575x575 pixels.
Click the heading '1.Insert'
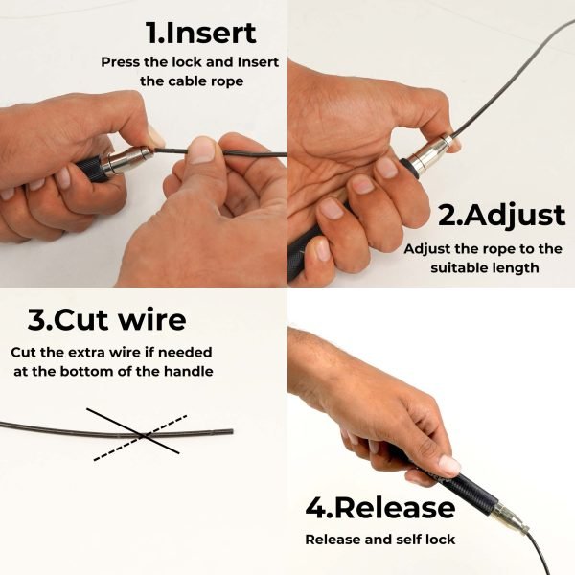pos(201,33)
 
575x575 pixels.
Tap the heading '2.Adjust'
pos(501,216)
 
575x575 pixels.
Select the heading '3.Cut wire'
pos(106,320)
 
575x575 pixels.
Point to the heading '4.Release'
pos(380,508)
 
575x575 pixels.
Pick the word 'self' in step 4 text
pos(408,540)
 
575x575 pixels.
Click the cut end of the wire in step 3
pos(232,431)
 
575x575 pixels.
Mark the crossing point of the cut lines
pos(144,435)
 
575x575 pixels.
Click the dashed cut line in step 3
pos(141,438)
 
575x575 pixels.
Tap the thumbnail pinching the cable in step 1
pos(200,150)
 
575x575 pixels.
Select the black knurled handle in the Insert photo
pos(89,170)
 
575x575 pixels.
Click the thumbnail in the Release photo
pos(449,465)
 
